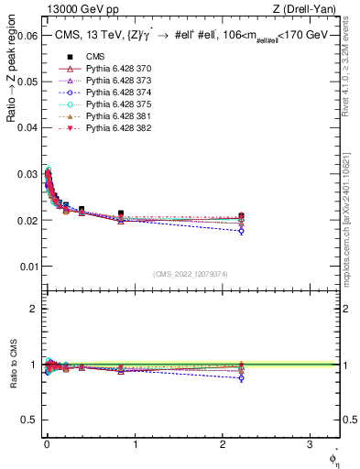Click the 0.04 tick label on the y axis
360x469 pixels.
[x=27, y=127]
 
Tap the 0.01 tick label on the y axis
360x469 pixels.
[x=27, y=267]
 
